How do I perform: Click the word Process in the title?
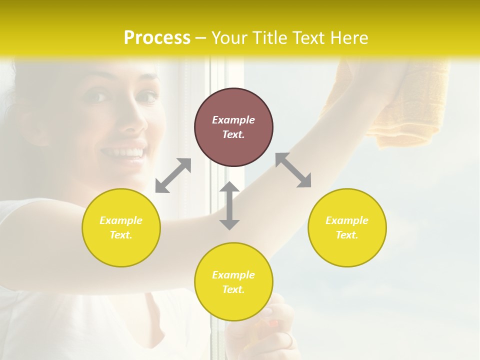click(157, 38)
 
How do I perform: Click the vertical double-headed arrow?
click(229, 205)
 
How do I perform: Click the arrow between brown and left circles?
click(173, 175)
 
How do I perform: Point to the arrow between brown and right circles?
click(293, 170)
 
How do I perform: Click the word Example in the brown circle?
click(233, 120)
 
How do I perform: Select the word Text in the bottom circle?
click(233, 289)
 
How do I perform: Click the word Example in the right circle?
click(347, 220)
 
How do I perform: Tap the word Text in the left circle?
click(121, 235)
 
